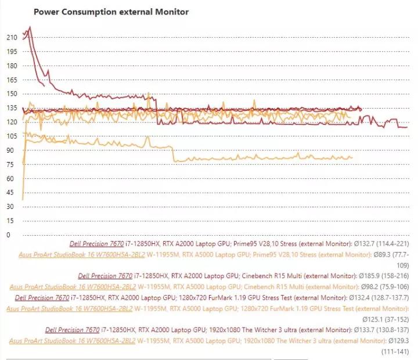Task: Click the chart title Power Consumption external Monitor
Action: click(111, 12)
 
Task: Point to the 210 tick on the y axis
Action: click(12, 37)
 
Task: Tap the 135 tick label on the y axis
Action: click(12, 108)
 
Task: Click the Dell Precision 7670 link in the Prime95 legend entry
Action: click(96, 244)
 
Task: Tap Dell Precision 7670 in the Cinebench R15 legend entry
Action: click(105, 276)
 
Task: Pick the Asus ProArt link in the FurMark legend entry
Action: click(59, 308)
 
